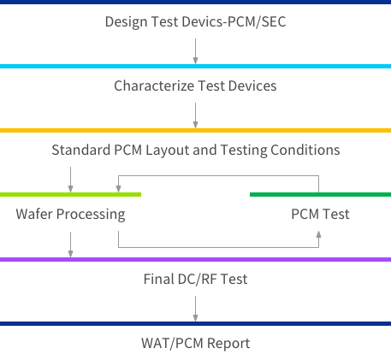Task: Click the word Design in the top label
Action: point(127,22)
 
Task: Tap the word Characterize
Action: point(154,86)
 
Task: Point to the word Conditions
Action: point(305,150)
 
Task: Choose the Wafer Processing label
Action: point(70,215)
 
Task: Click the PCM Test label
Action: point(320,214)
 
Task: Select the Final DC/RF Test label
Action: point(195,279)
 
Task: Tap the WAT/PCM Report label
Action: point(195,343)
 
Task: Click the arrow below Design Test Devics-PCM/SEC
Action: point(195,51)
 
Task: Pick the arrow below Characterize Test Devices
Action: point(195,115)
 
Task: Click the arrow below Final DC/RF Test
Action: point(195,309)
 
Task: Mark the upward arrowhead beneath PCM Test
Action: point(318,234)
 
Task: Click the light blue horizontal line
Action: point(195,67)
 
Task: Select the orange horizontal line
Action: point(195,131)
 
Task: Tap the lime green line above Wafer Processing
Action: point(70,195)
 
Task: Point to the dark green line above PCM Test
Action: point(320,195)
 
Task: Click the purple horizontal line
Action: point(195,260)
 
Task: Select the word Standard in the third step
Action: point(81,150)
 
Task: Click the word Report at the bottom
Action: point(228,344)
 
